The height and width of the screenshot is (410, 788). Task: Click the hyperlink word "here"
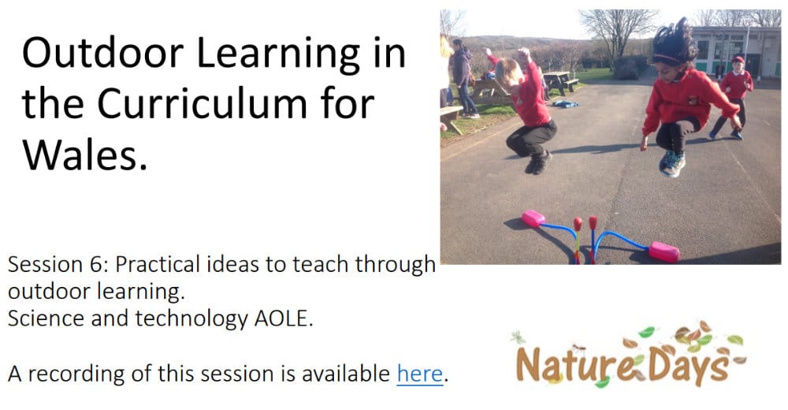pyautogui.click(x=420, y=374)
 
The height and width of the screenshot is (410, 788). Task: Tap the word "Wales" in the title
pyautogui.click(x=80, y=155)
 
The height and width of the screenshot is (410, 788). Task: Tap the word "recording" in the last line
pyautogui.click(x=76, y=374)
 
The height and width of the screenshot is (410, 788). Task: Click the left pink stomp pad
pyautogui.click(x=533, y=218)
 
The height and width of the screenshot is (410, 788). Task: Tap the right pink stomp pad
pyautogui.click(x=663, y=252)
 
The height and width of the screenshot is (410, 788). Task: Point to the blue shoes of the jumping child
pyautogui.click(x=672, y=163)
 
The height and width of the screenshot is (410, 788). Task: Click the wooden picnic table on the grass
pyautogui.click(x=560, y=81)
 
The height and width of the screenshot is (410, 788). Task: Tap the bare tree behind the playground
pyautogui.click(x=617, y=33)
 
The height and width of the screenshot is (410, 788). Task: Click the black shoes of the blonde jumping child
pyautogui.click(x=539, y=162)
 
